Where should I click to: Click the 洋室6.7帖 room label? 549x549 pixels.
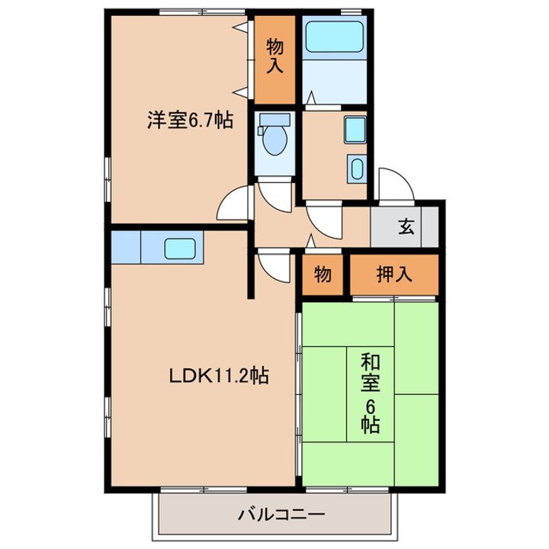tap(190, 120)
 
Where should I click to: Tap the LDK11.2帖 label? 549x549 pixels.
tap(218, 376)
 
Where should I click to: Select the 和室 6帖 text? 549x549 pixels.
tap(370, 393)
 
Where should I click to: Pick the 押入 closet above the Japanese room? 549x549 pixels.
tap(394, 274)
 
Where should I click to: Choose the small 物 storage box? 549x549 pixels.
tap(323, 275)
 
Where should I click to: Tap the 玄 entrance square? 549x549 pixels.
tap(405, 226)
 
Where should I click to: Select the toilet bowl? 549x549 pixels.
tap(274, 140)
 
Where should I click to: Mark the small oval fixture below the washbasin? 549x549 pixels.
tap(357, 168)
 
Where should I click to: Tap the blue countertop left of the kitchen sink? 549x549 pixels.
tap(125, 248)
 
